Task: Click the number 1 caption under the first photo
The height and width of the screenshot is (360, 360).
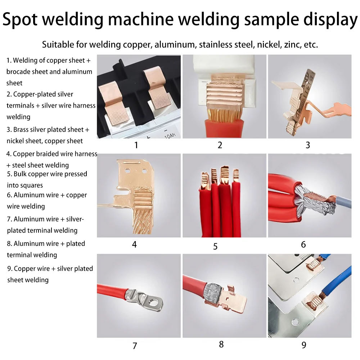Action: pos(136,145)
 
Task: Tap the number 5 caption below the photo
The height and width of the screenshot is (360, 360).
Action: pos(215,246)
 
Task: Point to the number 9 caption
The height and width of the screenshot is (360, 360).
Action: pos(303,345)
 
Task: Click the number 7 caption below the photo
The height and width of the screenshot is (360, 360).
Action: pos(135,346)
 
